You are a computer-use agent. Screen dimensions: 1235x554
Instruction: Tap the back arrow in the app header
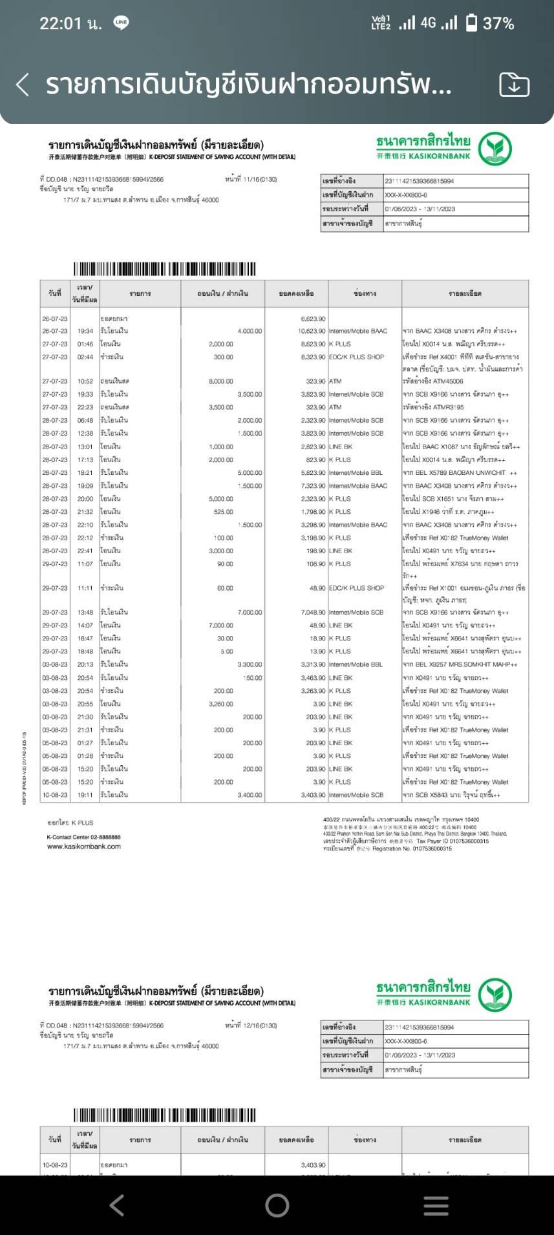[x=23, y=85]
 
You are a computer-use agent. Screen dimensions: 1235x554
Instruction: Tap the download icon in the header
[x=514, y=85]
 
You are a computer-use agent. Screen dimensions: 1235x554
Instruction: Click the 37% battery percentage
[x=498, y=24]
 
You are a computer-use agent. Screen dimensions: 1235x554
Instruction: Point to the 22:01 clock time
[x=61, y=24]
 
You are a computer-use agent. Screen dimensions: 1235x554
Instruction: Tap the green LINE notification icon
[x=121, y=23]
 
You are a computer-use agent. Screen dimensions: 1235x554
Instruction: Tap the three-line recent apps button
[x=436, y=1205]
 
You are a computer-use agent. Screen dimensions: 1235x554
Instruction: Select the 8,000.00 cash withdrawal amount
[x=221, y=381]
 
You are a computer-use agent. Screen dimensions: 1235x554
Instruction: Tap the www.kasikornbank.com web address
[x=84, y=847]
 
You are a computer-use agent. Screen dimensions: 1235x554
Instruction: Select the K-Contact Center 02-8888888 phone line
[x=84, y=837]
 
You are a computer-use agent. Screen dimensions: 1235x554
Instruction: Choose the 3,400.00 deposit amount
[x=250, y=795]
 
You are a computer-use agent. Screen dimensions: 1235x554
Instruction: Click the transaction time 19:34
[x=85, y=331]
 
